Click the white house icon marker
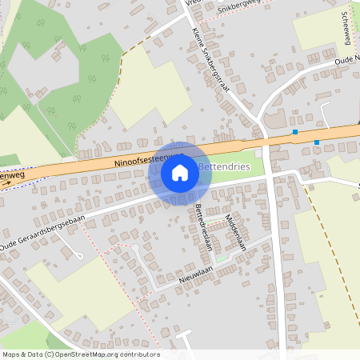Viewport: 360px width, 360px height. click(x=180, y=172)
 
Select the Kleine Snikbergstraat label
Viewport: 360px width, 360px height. click(x=211, y=60)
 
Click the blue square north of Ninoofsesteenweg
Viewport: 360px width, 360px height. click(x=295, y=131)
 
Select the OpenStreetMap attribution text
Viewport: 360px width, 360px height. click(x=81, y=354)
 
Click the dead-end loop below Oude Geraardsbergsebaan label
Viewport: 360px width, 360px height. click(x=79, y=255)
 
